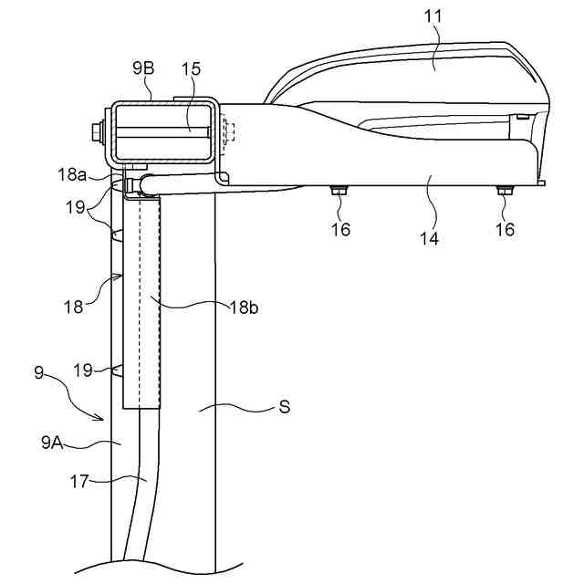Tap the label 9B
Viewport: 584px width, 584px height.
point(144,68)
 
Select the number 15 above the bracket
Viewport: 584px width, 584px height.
point(190,68)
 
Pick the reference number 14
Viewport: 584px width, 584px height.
point(429,239)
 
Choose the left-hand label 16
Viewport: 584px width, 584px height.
point(340,229)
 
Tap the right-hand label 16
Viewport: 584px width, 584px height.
point(505,229)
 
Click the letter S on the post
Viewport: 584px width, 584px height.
point(285,407)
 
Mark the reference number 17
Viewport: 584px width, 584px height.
point(79,481)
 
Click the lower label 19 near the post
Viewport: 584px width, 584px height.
point(82,370)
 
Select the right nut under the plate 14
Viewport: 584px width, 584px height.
point(503,191)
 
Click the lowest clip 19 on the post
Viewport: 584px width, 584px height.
point(117,370)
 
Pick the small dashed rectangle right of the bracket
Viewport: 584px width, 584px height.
point(228,131)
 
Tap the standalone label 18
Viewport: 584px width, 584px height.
point(72,308)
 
